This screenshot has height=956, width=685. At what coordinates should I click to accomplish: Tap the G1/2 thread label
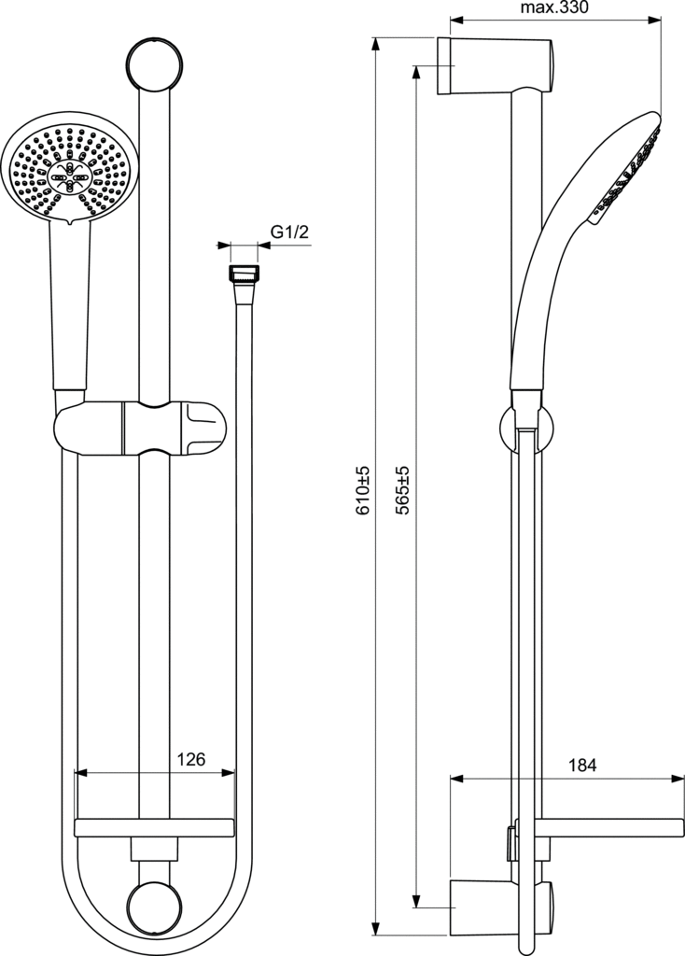(x=290, y=232)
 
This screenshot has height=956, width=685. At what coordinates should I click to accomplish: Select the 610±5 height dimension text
(x=363, y=490)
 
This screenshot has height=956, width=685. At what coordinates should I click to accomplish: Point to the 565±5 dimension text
(x=403, y=490)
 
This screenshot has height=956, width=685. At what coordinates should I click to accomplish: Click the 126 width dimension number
(x=190, y=759)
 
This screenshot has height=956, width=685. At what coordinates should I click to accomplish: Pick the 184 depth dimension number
(x=582, y=765)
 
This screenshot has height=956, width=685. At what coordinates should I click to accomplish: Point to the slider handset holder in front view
(x=140, y=428)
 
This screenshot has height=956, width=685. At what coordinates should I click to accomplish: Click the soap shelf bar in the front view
(x=154, y=828)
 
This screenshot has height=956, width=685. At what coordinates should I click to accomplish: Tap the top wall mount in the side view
(x=495, y=66)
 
